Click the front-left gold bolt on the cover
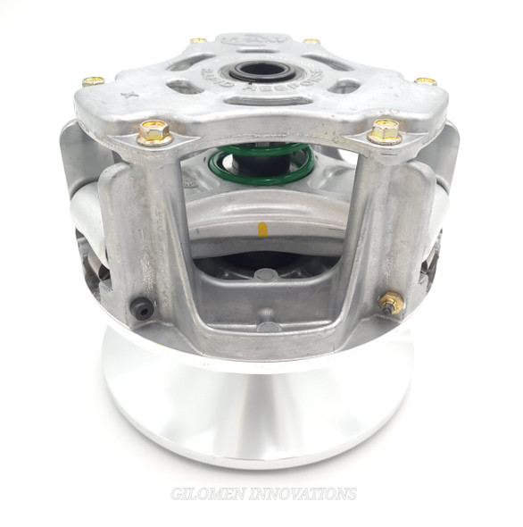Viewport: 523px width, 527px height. point(154,132)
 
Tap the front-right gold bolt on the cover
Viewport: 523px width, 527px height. point(385,130)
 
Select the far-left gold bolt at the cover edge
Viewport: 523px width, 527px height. point(93,81)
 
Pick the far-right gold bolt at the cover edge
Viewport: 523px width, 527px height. point(426,81)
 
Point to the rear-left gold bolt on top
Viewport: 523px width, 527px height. point(198,40)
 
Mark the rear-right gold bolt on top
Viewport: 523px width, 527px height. point(311,40)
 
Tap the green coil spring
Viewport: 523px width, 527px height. point(259,165)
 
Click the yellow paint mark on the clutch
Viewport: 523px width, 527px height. point(262,230)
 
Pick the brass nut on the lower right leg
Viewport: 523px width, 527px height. point(390,303)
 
